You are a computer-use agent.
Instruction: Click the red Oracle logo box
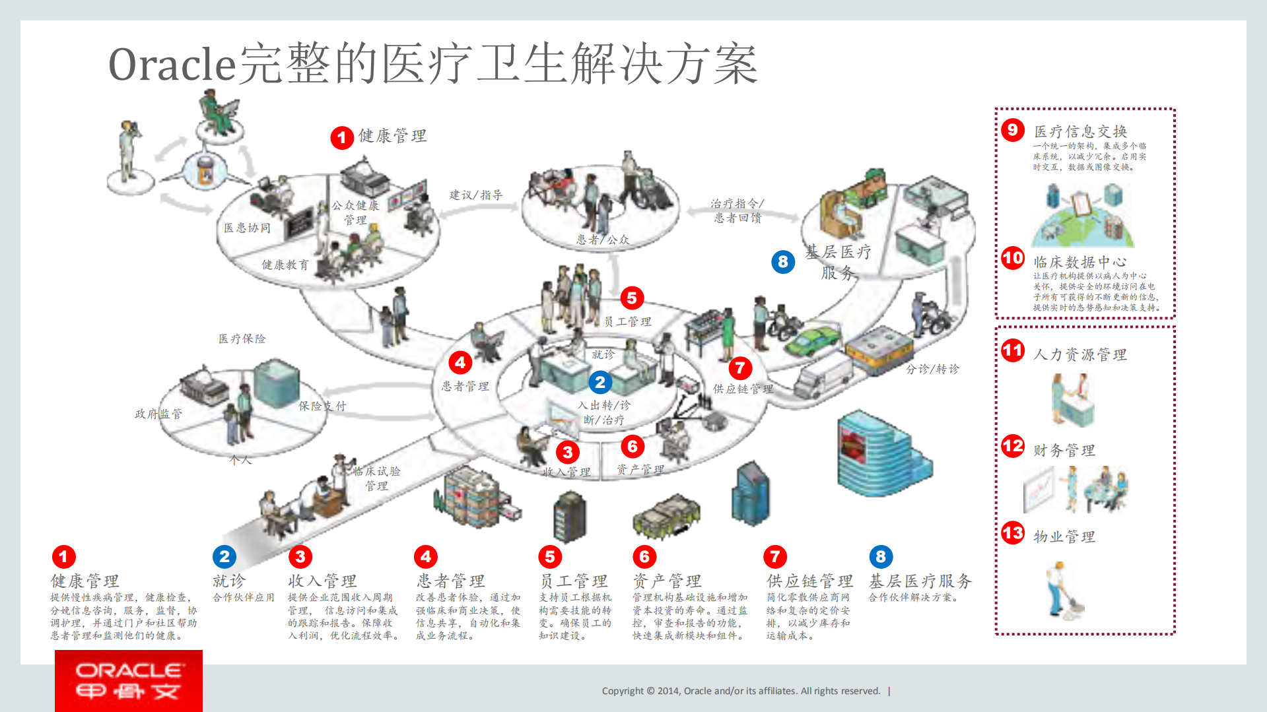coord(128,680)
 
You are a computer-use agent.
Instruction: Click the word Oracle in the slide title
coord(172,65)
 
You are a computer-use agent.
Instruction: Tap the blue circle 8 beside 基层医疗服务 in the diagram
coord(783,262)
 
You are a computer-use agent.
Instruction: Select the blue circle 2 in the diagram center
coord(599,382)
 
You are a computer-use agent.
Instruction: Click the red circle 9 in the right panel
coord(1012,130)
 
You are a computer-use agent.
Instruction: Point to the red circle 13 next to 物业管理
coord(1012,533)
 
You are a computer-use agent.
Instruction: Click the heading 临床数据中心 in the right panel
coord(1079,262)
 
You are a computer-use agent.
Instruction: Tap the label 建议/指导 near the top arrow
coord(475,195)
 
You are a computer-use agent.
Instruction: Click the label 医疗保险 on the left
coord(242,339)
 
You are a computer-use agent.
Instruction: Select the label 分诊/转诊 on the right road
coord(932,369)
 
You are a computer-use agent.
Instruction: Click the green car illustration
coord(811,340)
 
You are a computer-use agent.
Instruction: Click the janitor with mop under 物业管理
coord(1063,590)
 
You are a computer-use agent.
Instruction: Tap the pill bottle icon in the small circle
coord(205,170)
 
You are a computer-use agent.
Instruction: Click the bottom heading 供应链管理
coord(809,581)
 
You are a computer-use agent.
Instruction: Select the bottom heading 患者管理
coord(450,581)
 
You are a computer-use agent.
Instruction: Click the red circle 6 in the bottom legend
coord(644,557)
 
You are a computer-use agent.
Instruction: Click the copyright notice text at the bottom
coord(741,691)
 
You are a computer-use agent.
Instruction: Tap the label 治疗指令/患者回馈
coord(737,210)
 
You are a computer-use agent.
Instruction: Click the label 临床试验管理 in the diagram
coord(376,478)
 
